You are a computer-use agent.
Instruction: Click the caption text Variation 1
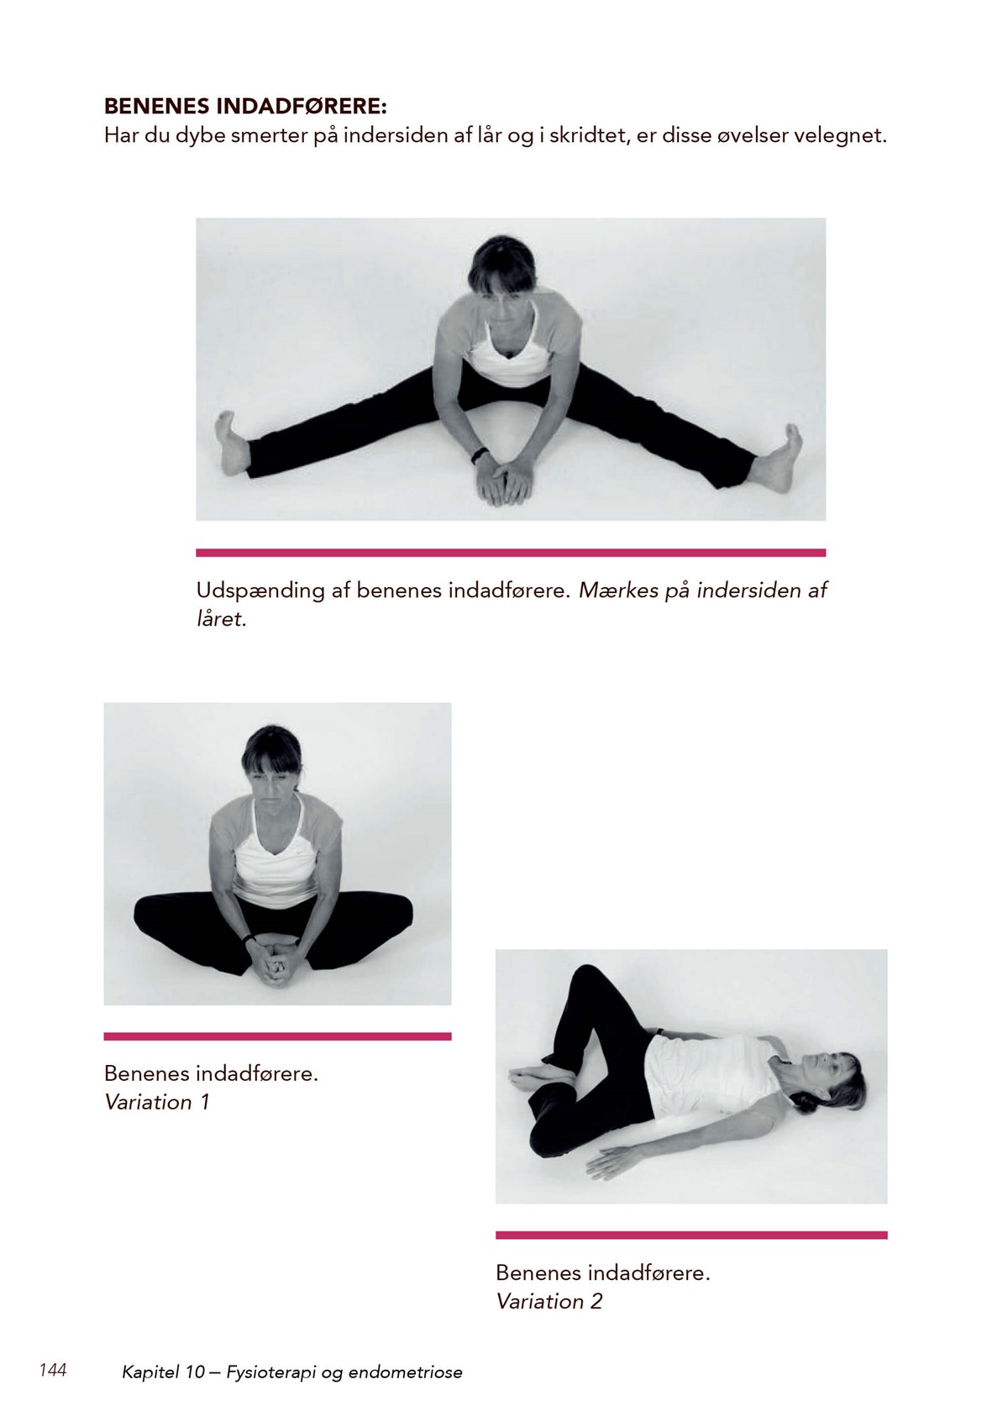click(x=157, y=1102)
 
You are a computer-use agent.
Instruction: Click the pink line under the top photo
click(x=511, y=553)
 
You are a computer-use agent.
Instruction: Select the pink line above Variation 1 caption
click(x=277, y=1036)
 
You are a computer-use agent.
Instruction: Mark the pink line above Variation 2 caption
click(x=691, y=1235)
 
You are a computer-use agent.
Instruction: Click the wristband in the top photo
click(x=479, y=455)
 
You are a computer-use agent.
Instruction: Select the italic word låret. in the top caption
click(x=221, y=619)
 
